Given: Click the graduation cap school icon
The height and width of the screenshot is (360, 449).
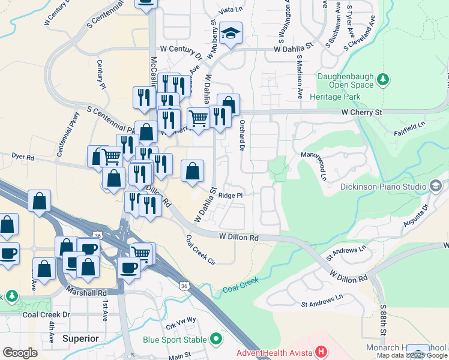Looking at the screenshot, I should (231, 34).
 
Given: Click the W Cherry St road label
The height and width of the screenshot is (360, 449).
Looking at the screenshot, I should (361, 112).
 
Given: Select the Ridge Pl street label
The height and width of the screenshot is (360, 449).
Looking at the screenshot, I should (231, 195).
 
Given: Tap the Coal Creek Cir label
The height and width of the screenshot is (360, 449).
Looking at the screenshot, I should (200, 249).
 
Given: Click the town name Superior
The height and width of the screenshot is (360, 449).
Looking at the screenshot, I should (80, 338).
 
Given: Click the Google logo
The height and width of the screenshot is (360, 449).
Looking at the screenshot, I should (20, 353).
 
